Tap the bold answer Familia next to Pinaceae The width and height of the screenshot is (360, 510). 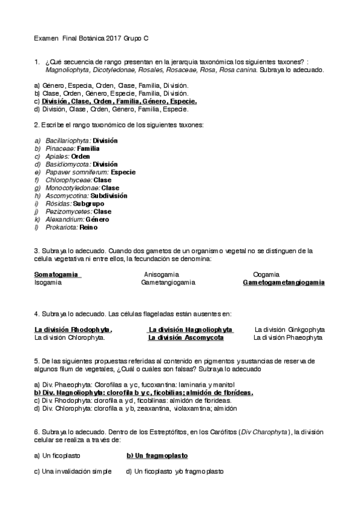pos(88,148)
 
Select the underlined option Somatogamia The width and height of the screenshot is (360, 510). pos(57,274)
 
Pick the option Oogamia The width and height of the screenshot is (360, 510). pos(266,274)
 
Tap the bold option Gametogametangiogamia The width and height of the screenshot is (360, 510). pos(283,282)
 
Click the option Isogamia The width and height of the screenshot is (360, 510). pos(47,282)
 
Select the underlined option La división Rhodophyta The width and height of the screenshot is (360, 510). pos(73,330)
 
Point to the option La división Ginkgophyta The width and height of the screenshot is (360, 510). pos(290,330)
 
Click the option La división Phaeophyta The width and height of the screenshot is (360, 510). pos(288,337)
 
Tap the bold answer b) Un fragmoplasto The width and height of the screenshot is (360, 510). pos(157,456)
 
